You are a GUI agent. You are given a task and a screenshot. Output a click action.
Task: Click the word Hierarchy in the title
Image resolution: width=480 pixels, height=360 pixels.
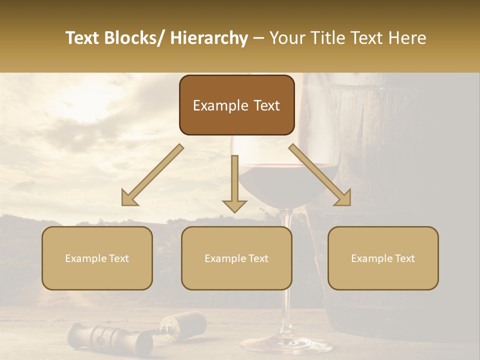(x=209, y=38)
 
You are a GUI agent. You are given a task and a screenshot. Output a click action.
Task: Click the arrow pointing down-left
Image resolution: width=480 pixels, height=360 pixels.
(x=152, y=175)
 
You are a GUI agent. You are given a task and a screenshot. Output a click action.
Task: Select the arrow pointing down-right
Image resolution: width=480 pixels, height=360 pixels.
(x=320, y=175)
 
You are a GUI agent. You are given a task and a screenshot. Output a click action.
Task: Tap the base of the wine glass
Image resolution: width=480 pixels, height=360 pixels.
(x=286, y=345)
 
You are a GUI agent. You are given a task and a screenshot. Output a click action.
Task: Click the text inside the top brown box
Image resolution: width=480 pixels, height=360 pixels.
(x=236, y=105)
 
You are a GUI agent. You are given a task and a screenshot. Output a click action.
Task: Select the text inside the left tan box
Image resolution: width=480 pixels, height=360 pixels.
(x=97, y=258)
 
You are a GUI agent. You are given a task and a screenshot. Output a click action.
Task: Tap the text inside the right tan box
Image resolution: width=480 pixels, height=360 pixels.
(x=383, y=258)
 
